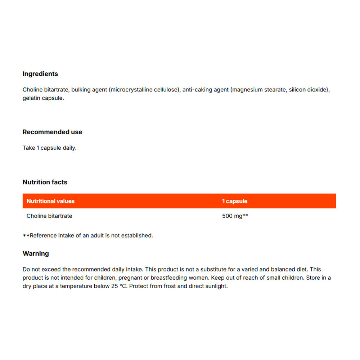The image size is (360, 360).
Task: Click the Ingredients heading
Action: click(40, 74)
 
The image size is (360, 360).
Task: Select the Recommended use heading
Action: click(52, 132)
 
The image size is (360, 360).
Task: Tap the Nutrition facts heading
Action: click(45, 182)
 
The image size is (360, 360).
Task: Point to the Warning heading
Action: click(36, 253)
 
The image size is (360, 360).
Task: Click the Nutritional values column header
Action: click(50, 201)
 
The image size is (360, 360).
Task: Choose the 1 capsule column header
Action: click(235, 201)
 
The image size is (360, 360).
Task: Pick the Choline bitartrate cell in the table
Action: click(49, 216)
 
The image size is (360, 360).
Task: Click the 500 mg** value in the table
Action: click(235, 216)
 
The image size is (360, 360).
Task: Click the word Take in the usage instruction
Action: click(29, 148)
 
